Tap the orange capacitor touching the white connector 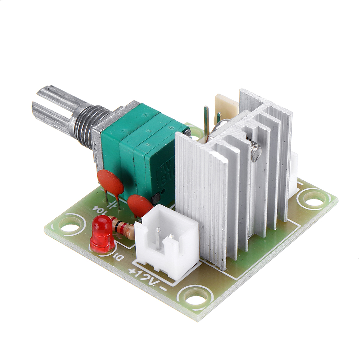click(139, 206)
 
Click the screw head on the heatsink click(256, 152)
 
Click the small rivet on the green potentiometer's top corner click(187, 133)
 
